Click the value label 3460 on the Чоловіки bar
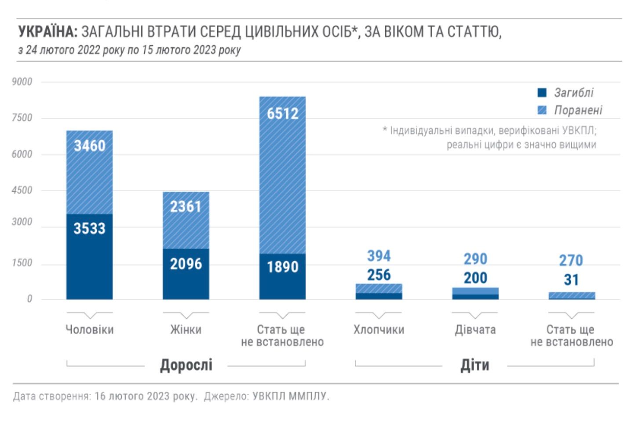pyautogui.click(x=90, y=146)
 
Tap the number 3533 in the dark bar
pyautogui.click(x=90, y=228)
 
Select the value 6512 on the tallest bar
pyautogui.click(x=283, y=113)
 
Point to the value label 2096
pyautogui.click(x=186, y=264)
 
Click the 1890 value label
pyautogui.click(x=283, y=266)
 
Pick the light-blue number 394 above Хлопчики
pyautogui.click(x=379, y=256)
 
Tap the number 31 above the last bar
pyautogui.click(x=571, y=280)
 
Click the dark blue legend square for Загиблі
pyautogui.click(x=542, y=93)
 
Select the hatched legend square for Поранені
pyautogui.click(x=542, y=110)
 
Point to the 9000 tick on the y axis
pyautogui.click(x=22, y=82)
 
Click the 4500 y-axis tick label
pyautogui.click(x=22, y=190)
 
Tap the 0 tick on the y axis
pyautogui.click(x=29, y=299)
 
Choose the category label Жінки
pyautogui.click(x=186, y=330)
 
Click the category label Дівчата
pyautogui.click(x=475, y=330)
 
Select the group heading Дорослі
pyautogui.click(x=186, y=365)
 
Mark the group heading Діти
pyautogui.click(x=474, y=365)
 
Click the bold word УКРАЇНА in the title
pyautogui.click(x=47, y=32)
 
